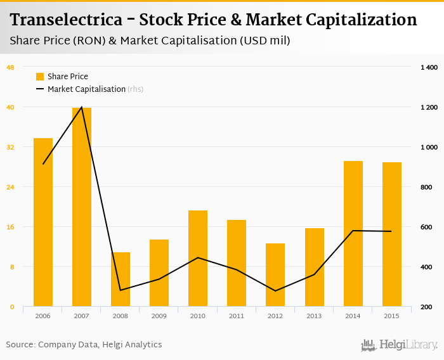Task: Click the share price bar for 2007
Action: coord(82,207)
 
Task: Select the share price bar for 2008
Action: coord(121,280)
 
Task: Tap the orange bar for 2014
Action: coord(353,234)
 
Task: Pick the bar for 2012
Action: coord(275,275)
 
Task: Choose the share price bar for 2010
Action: coord(198,259)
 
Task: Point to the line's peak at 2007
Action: coord(82,107)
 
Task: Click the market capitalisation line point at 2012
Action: coord(275,291)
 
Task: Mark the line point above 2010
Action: coord(198,257)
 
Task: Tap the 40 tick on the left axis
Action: coord(10,107)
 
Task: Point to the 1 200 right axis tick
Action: coord(429,107)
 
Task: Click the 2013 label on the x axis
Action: coord(314,316)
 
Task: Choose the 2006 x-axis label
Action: coord(43,316)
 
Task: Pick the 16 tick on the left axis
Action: coord(10,227)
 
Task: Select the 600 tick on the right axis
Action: coord(428,227)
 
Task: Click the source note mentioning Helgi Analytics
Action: coord(84,345)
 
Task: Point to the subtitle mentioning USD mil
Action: coord(150,41)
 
